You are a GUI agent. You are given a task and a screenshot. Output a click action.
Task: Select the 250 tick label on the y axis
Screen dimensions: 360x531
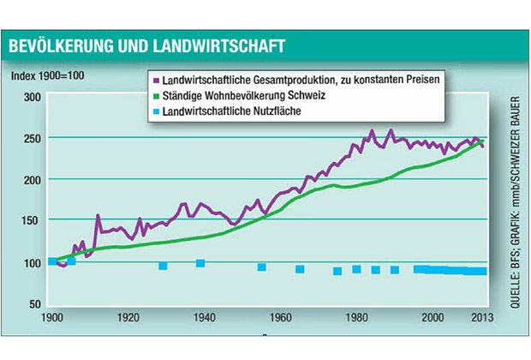(31, 139)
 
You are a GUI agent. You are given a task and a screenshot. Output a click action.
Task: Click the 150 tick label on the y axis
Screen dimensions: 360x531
(31, 221)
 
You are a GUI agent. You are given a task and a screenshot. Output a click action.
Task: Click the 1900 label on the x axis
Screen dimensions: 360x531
(53, 317)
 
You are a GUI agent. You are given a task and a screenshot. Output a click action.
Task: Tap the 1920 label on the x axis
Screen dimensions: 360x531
(129, 317)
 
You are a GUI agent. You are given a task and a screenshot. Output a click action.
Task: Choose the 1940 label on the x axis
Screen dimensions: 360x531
(205, 317)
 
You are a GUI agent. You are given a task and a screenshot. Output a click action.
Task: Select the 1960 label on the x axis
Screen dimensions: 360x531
(281, 317)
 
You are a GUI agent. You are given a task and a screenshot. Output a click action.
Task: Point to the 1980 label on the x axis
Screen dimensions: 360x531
(356, 317)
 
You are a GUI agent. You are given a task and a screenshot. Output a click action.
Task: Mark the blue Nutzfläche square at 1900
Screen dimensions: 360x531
(53, 261)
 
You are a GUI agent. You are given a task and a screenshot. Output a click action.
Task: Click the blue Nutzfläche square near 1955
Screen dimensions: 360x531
(261, 267)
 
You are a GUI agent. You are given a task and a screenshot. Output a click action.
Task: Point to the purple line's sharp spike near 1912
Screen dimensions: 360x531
(98, 216)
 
